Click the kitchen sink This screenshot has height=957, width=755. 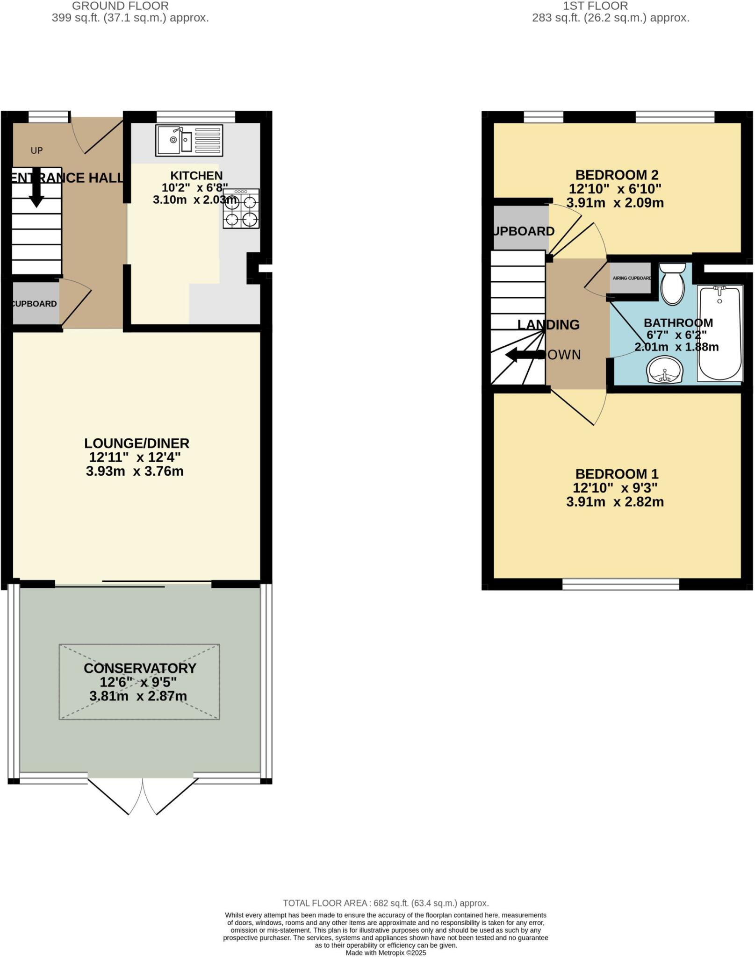click(189, 140)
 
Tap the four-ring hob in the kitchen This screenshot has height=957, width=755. click(241, 208)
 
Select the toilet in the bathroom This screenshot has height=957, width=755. click(672, 284)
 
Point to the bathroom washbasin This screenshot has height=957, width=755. click(665, 370)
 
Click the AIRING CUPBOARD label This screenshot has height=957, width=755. click(632, 278)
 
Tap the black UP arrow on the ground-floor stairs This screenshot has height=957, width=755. click(36, 192)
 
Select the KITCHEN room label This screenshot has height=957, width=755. click(196, 176)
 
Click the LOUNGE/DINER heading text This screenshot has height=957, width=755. click(137, 443)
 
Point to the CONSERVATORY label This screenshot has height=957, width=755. click(140, 668)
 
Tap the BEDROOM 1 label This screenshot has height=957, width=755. click(617, 474)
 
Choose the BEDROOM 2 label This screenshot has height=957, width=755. click(617, 175)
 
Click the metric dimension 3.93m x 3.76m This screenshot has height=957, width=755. click(135, 471)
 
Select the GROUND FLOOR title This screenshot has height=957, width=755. click(120, 6)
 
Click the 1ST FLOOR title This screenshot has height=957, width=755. click(595, 6)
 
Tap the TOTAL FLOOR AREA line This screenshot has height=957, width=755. click(386, 903)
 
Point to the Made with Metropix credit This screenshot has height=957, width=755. click(386, 952)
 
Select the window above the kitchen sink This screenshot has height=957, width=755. click(195, 116)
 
